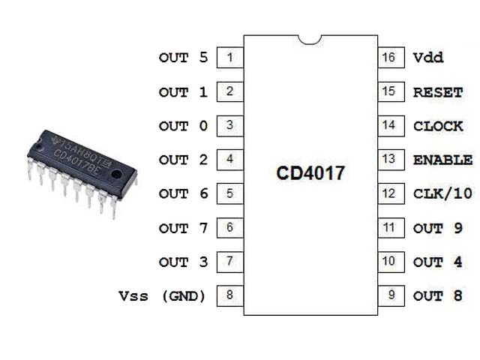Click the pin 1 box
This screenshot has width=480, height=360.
(229, 58)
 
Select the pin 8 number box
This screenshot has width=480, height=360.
(229, 295)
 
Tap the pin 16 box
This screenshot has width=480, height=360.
(388, 58)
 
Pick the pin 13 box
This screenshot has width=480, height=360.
(388, 160)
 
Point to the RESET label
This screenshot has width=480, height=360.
(438, 92)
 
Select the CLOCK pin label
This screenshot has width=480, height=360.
(438, 126)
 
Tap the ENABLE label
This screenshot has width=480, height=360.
(442, 160)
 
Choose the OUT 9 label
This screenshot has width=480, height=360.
(438, 228)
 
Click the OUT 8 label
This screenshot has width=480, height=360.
(438, 295)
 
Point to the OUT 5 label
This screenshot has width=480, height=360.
(183, 58)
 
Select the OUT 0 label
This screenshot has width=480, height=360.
(183, 126)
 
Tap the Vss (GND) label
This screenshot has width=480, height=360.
(162, 295)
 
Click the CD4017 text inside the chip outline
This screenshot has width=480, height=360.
(310, 174)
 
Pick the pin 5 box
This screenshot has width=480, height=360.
(229, 193)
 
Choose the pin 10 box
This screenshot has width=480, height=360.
(388, 262)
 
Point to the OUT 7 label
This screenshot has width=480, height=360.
(183, 228)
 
